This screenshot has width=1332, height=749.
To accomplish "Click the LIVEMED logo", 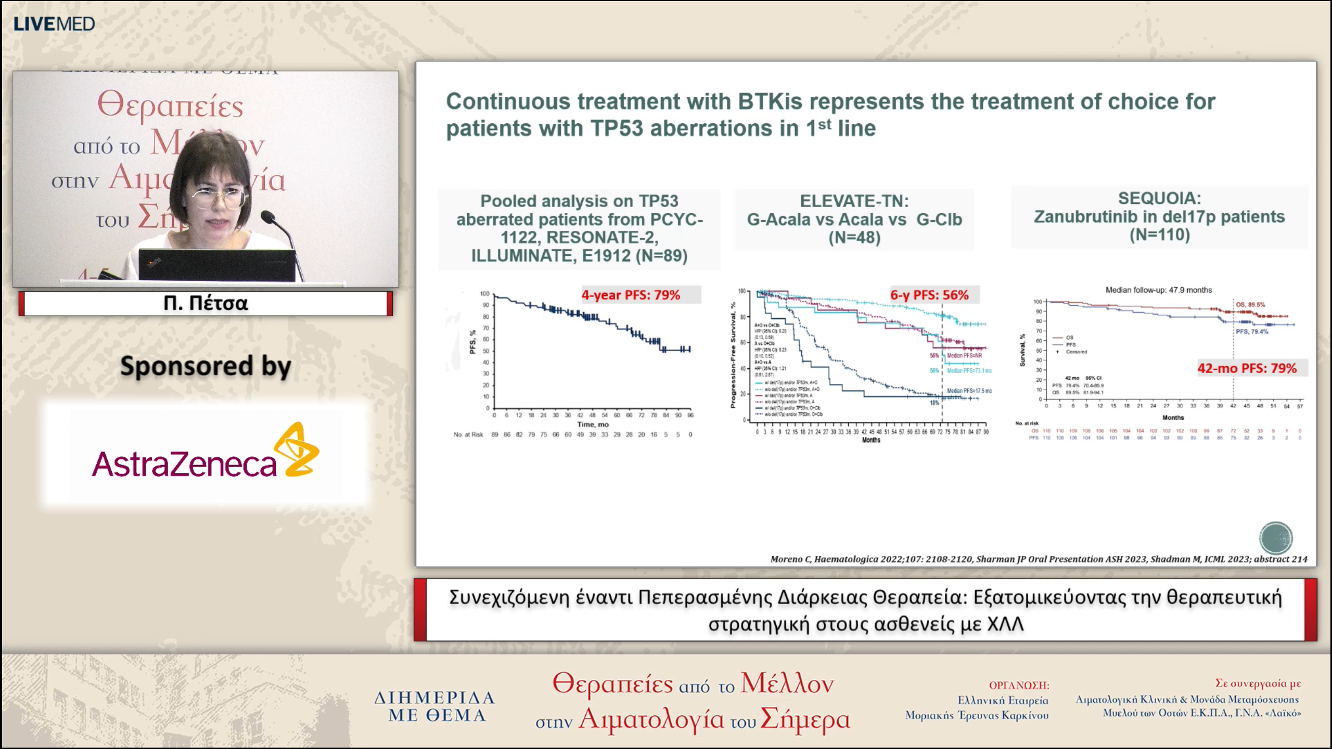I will (54, 24).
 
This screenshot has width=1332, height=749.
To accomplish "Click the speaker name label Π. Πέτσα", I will (206, 303).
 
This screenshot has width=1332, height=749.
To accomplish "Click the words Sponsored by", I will (206, 366).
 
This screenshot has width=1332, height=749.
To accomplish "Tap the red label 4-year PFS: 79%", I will (631, 295).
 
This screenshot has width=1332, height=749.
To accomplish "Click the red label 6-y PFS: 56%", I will (929, 295).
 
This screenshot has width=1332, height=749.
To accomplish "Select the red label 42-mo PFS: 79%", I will (1247, 368).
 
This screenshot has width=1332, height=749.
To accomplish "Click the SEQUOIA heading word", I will (1159, 198).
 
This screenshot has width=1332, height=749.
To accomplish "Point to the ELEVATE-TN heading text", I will (854, 201).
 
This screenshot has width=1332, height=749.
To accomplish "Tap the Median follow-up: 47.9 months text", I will (1158, 290).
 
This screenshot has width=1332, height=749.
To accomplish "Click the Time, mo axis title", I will (593, 424).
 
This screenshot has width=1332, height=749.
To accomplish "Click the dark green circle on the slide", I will (1275, 537).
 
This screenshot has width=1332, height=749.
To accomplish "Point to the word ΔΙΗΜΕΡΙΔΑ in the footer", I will (434, 697).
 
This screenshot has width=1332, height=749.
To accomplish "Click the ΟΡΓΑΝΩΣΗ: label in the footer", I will (1019, 685).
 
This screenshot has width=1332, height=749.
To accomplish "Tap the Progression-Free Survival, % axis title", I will (733, 355).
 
